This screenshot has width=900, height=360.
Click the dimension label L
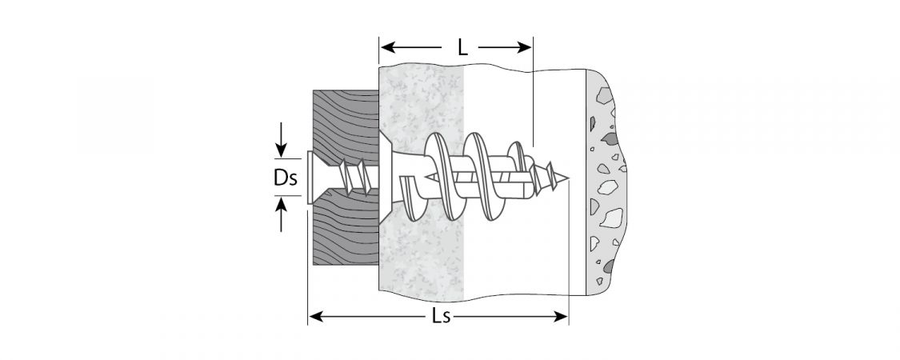[x=462, y=47]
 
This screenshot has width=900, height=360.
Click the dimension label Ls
[x=441, y=316]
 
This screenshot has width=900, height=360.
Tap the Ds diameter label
[x=286, y=178]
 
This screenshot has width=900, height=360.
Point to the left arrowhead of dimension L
[x=387, y=47]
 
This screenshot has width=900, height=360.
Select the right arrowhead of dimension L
[x=525, y=47]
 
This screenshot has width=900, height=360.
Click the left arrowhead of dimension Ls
[x=316, y=316]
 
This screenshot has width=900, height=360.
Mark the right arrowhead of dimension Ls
[x=560, y=316]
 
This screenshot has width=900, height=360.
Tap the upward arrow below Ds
[x=281, y=214]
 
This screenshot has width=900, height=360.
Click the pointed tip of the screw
[x=567, y=178]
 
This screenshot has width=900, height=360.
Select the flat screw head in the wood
[x=310, y=178]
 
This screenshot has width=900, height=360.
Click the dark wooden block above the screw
[x=346, y=123]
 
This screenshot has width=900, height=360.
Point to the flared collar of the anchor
[x=386, y=178]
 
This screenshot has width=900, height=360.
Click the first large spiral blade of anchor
[x=442, y=177]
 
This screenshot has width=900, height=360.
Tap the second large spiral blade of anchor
[x=482, y=177]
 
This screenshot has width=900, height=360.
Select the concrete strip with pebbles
[x=606, y=182]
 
